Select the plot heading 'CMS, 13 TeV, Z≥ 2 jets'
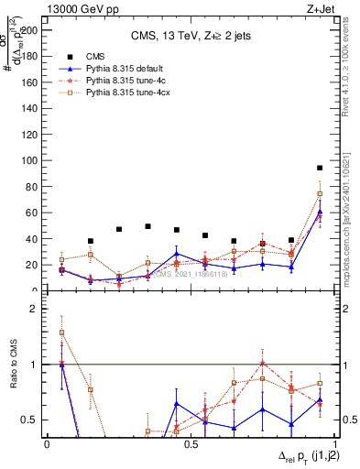pyautogui.click(x=191, y=36)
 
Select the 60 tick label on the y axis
pyautogui.click(x=34, y=213)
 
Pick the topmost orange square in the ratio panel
pyautogui.click(x=61, y=333)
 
